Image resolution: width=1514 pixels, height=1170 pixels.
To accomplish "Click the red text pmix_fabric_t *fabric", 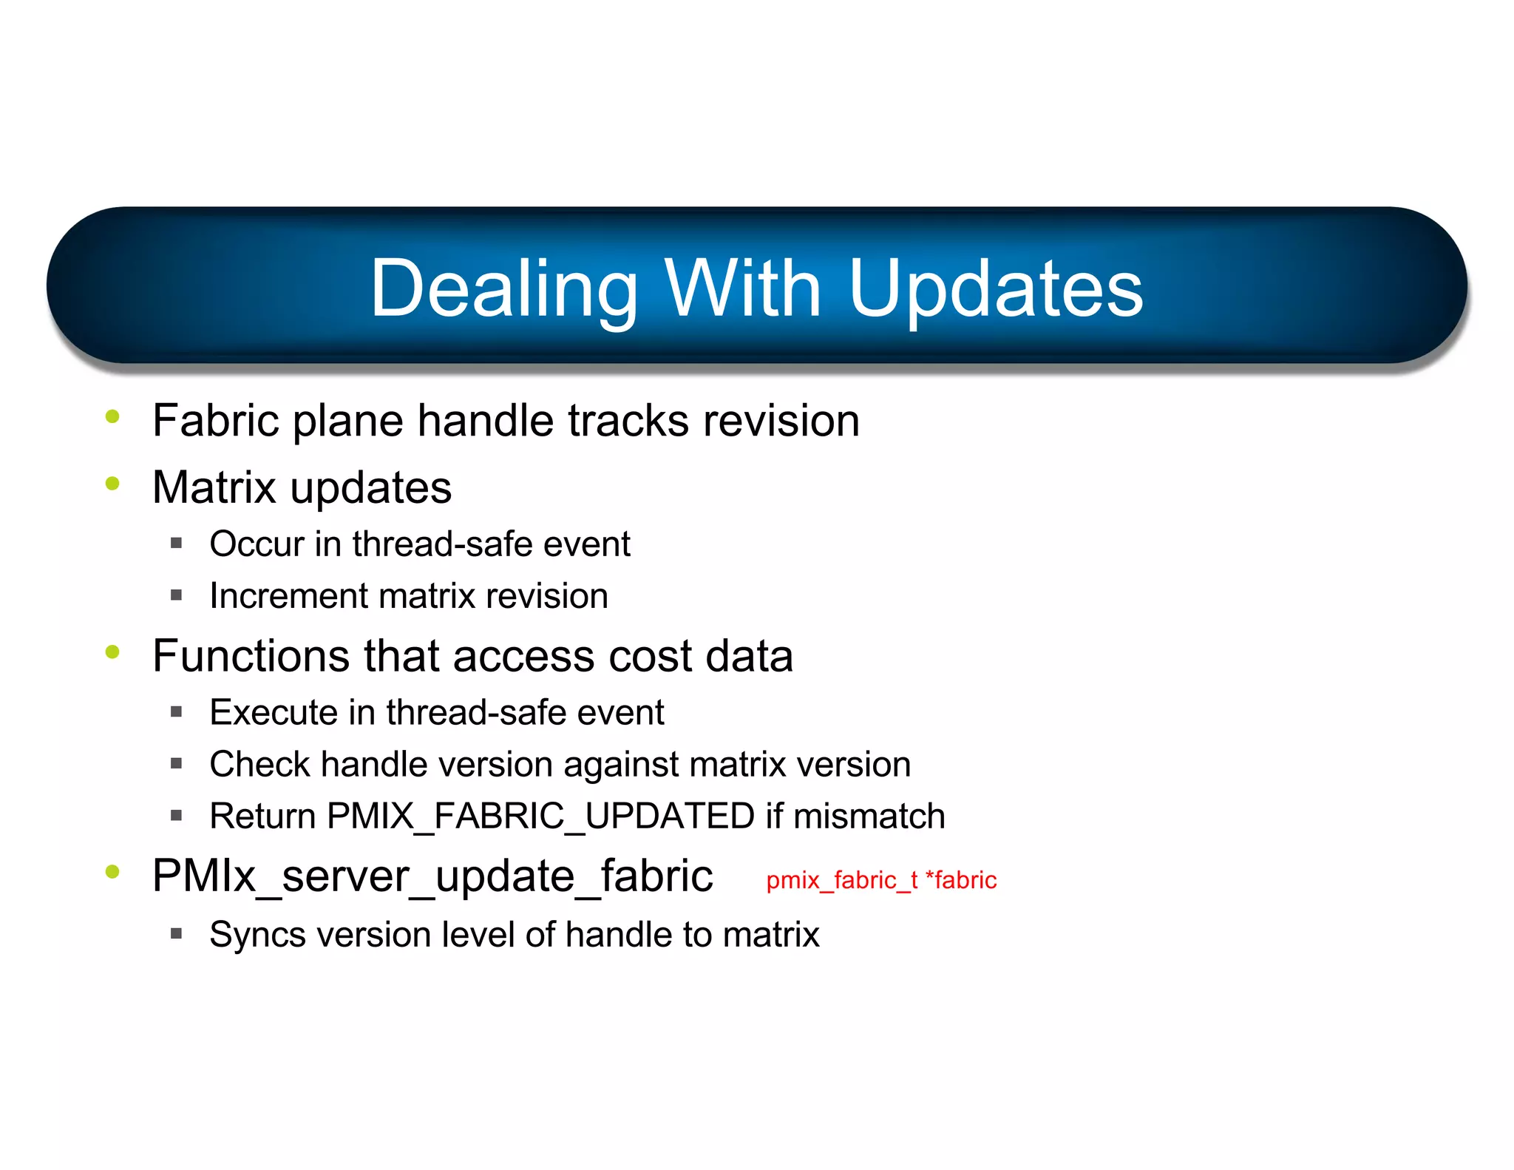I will point(881,880).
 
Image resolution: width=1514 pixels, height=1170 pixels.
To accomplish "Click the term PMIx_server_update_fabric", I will point(432,876).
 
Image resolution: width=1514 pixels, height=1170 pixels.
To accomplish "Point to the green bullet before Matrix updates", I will point(112,484).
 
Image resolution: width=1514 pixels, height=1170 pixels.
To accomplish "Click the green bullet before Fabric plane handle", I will point(112,417).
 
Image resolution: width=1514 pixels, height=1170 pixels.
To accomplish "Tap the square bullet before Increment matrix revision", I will point(176,595).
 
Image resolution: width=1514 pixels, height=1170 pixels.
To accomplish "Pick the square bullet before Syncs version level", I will point(176,933).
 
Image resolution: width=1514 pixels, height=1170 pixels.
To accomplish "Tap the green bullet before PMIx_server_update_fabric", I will point(112,872).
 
